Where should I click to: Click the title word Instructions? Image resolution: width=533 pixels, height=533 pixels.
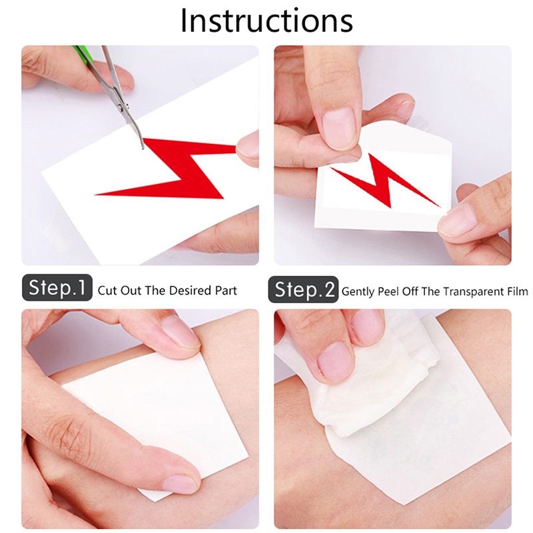266,21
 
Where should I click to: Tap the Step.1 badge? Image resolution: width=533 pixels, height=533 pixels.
57,288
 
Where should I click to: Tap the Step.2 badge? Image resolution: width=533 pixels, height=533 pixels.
303,289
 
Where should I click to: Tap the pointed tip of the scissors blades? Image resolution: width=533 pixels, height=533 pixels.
143,149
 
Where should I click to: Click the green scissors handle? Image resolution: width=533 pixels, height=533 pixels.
83,54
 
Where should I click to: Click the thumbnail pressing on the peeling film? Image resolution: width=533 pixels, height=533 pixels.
338,128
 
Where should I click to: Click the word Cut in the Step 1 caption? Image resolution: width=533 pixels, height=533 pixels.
107,290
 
